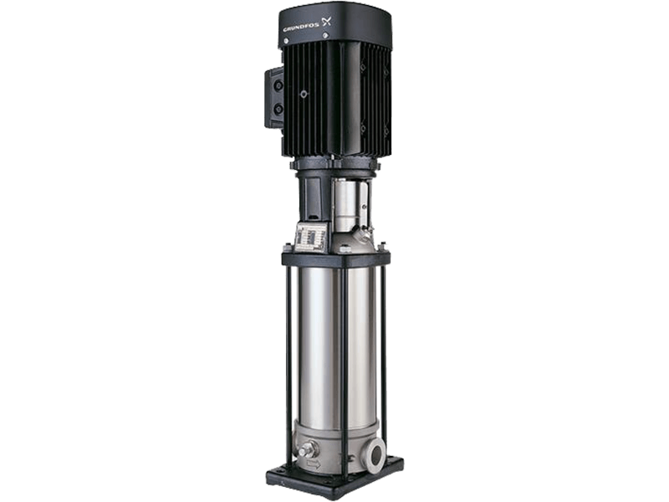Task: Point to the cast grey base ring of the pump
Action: pyautogui.click(x=334, y=439)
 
